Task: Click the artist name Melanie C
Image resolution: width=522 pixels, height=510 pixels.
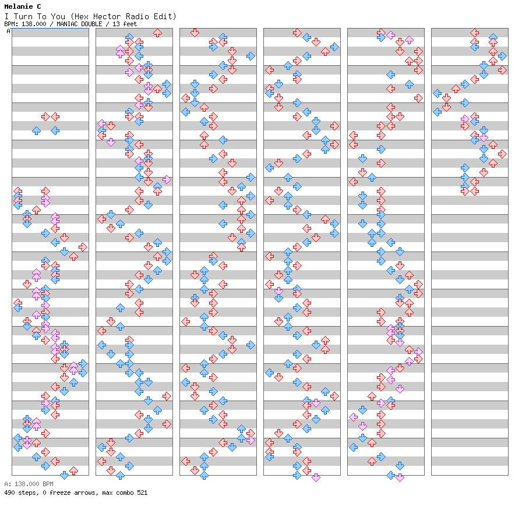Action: point(22,6)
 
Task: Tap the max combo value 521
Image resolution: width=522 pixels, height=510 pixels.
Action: point(141,493)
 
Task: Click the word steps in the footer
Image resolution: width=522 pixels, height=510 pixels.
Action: point(27,493)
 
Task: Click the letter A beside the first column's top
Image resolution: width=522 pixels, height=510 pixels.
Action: point(8,31)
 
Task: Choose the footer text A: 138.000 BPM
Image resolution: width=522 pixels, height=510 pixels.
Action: point(29,484)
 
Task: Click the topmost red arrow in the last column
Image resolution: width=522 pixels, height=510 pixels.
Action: point(474,33)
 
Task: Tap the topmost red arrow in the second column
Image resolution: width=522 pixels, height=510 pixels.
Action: point(157,33)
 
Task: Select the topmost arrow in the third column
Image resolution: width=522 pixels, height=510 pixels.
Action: point(195,33)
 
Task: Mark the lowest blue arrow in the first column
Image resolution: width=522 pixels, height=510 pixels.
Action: point(64,475)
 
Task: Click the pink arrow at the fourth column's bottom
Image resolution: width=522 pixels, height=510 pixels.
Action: point(316,477)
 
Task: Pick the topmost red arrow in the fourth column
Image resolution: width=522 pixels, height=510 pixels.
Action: point(297,33)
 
